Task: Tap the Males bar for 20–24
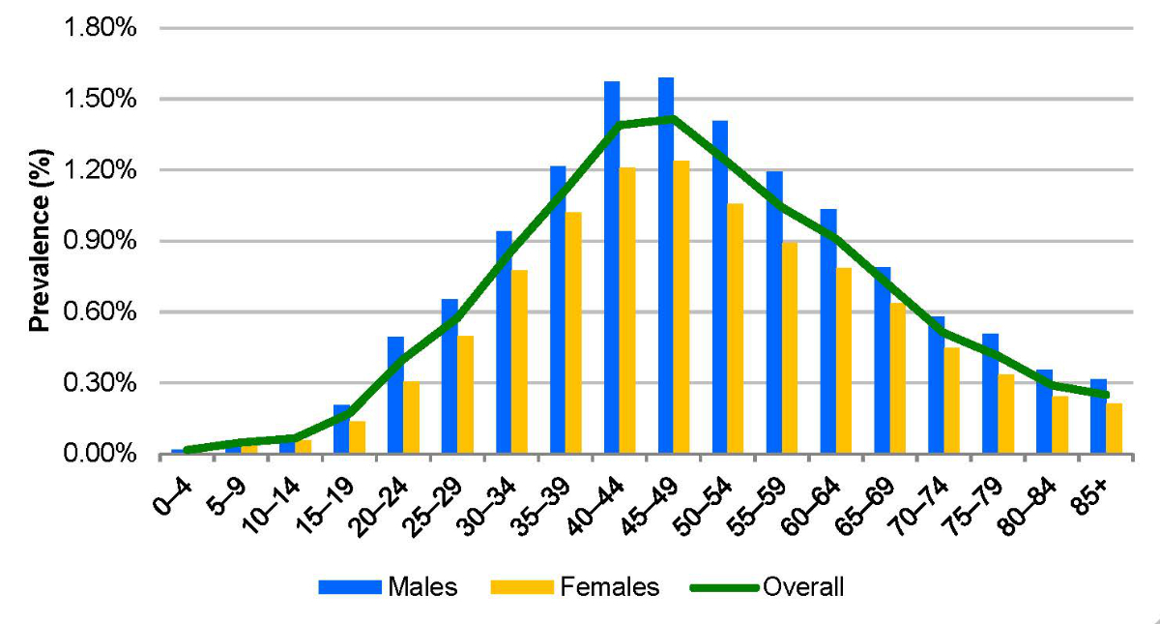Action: coord(395,396)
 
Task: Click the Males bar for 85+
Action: coord(1099,417)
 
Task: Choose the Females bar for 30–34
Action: coord(519,363)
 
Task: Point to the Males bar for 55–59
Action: coord(774,313)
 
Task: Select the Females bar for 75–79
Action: coord(1006,414)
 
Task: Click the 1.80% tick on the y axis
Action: coord(101,28)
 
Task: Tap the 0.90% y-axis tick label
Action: coord(101,241)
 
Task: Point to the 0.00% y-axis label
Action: coord(101,455)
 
